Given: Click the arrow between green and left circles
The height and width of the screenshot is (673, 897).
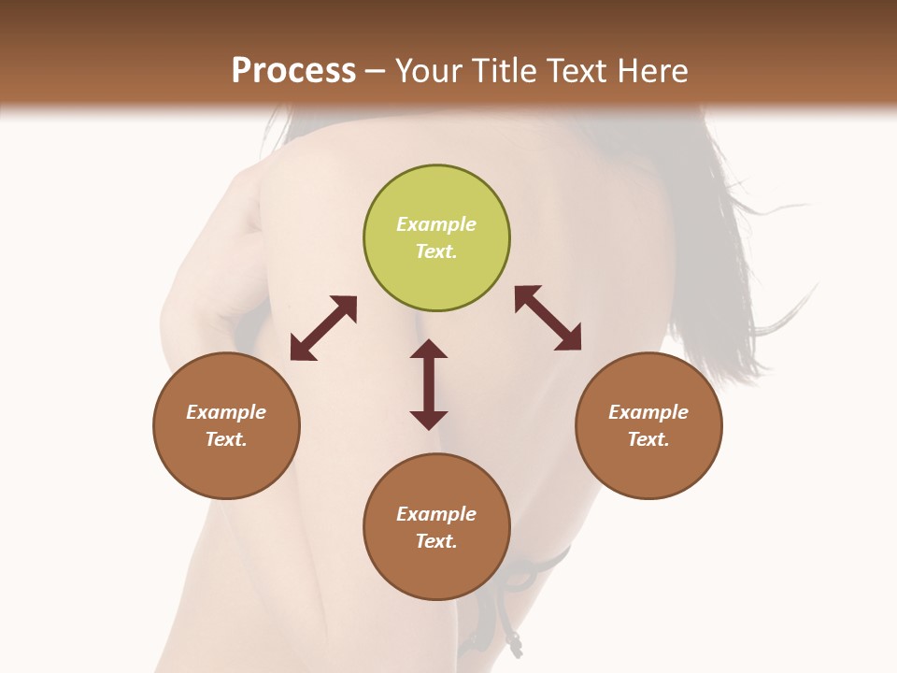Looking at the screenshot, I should [323, 328].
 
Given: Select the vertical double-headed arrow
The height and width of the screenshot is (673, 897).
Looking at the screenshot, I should [429, 384].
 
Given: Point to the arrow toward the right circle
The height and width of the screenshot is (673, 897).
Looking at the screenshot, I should [548, 318].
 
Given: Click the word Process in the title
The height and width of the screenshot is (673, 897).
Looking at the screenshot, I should [293, 70].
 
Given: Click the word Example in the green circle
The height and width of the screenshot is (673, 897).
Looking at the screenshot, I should [436, 224].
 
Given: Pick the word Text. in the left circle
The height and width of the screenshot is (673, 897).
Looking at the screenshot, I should [226, 439].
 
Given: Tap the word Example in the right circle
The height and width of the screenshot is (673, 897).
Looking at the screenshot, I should [648, 412].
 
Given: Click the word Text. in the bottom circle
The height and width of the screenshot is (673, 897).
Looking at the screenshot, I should [436, 541].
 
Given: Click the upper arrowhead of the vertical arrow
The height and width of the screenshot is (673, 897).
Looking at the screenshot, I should [429, 349].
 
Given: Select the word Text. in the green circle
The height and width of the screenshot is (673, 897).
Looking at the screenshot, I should [436, 251].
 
